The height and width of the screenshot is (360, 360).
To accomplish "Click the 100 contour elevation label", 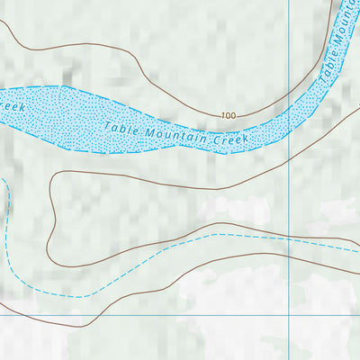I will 227,115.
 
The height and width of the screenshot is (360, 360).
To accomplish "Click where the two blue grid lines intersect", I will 289,316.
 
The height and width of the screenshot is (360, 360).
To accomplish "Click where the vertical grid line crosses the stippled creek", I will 289,112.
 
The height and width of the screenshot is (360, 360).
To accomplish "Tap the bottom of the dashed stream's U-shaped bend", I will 72,295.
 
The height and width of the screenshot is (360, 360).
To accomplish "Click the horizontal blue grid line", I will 144,316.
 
